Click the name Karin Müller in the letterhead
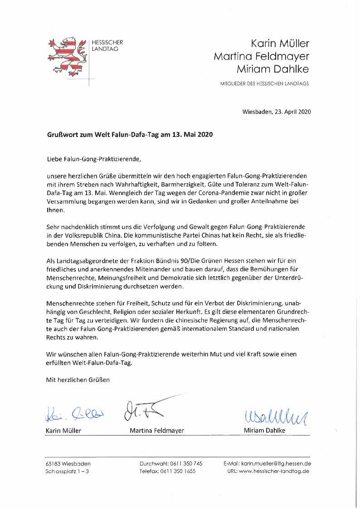pos(280,44)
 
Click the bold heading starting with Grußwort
pos(129,135)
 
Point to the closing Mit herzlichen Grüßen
pos(78,379)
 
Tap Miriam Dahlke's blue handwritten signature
pos(271,414)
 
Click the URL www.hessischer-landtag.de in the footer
pos(273,472)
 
